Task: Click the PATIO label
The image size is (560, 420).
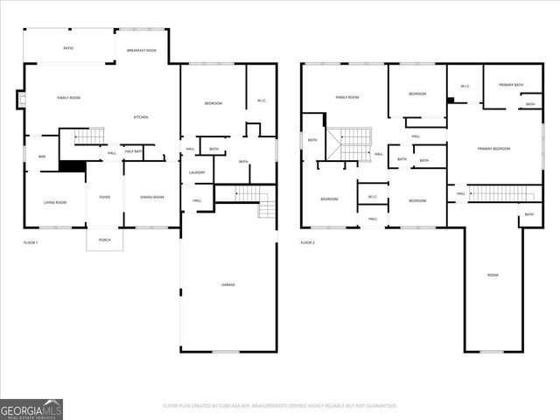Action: (68, 48)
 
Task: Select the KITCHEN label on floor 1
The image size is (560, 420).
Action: (141, 117)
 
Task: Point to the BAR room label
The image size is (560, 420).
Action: (41, 157)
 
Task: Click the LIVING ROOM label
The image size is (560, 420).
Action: (55, 202)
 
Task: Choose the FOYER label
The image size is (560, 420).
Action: (104, 197)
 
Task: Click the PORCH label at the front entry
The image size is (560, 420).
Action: (104, 240)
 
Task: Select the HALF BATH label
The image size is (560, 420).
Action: (134, 151)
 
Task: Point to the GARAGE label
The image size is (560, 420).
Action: (227, 284)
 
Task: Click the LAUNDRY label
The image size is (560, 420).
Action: (197, 172)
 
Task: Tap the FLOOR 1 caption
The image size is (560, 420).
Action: (31, 241)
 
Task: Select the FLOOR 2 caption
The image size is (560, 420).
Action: (307, 242)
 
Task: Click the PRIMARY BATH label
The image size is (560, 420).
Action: (511, 85)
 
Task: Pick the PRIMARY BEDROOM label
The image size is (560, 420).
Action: (493, 149)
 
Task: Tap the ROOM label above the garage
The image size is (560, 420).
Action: (493, 275)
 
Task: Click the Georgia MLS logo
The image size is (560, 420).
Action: (31, 409)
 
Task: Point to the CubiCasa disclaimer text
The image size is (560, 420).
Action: (280, 405)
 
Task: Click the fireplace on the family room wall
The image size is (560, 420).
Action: (20, 99)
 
